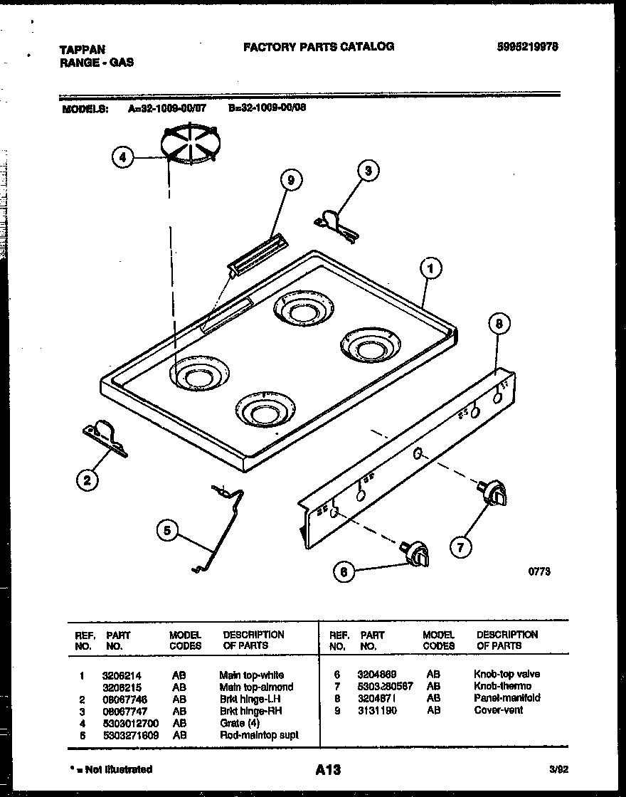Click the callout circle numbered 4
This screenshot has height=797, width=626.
point(123,157)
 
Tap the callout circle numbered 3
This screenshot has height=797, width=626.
point(367,170)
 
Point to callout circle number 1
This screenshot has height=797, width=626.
point(430,268)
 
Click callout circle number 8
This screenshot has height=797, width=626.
point(499,324)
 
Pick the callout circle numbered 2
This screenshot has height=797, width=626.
point(87,481)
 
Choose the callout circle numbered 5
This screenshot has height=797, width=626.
point(167,530)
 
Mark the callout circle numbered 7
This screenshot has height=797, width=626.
point(460,547)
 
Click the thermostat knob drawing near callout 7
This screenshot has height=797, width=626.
point(494,493)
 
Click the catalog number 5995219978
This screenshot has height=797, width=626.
point(527,47)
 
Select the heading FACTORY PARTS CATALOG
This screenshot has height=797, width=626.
point(318,47)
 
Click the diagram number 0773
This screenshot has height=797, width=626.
point(539,571)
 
